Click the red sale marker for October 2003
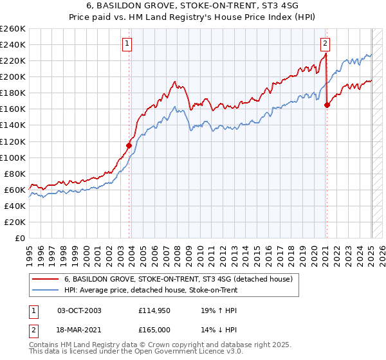tap(129, 145)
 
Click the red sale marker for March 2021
tap(327, 105)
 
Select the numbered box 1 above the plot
tap(127, 44)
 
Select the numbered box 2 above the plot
tap(326, 44)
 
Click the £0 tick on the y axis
tap(21, 238)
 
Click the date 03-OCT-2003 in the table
tap(79, 310)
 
